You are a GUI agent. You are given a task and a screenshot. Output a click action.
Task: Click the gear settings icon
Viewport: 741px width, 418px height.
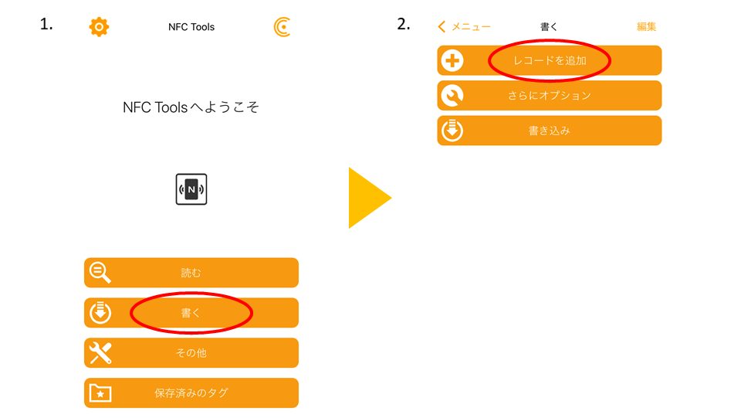coord(99,27)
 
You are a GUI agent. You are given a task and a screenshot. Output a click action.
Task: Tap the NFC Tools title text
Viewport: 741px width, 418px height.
coord(191,27)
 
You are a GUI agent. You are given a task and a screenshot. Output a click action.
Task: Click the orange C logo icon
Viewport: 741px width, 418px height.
coord(283,27)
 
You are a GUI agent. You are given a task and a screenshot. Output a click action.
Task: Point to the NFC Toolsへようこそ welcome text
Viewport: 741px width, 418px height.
coord(191,107)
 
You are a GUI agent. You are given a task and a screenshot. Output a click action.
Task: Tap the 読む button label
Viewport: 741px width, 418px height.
coord(191,273)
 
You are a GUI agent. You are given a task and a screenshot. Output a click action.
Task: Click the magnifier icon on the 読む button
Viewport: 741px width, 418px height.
coord(100,273)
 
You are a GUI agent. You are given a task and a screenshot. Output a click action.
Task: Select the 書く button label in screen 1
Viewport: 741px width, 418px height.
coord(191,313)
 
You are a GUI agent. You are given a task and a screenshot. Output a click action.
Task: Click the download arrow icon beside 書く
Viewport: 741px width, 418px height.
coord(100,313)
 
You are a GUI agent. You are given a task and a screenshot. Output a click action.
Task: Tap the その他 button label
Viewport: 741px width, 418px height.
coord(191,353)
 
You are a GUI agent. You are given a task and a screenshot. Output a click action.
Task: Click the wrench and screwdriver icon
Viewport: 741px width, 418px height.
coord(100,353)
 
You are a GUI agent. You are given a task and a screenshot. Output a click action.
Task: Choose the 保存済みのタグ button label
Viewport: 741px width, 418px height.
coord(191,393)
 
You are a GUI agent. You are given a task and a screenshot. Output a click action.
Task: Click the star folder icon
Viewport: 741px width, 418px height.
coord(100,393)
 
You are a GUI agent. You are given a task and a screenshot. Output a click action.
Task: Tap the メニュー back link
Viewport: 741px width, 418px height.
coord(465,27)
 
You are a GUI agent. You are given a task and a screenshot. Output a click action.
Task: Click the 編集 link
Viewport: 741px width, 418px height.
coord(646,27)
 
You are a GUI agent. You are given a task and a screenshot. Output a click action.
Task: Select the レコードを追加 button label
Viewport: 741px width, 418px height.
coord(550,60)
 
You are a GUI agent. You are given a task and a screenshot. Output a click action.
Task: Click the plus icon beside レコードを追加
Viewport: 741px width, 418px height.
coord(452,60)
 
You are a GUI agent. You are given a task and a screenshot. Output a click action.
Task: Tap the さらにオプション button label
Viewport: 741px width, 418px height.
coord(550,96)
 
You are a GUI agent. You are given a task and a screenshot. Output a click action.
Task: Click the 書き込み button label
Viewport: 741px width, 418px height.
coord(550,131)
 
